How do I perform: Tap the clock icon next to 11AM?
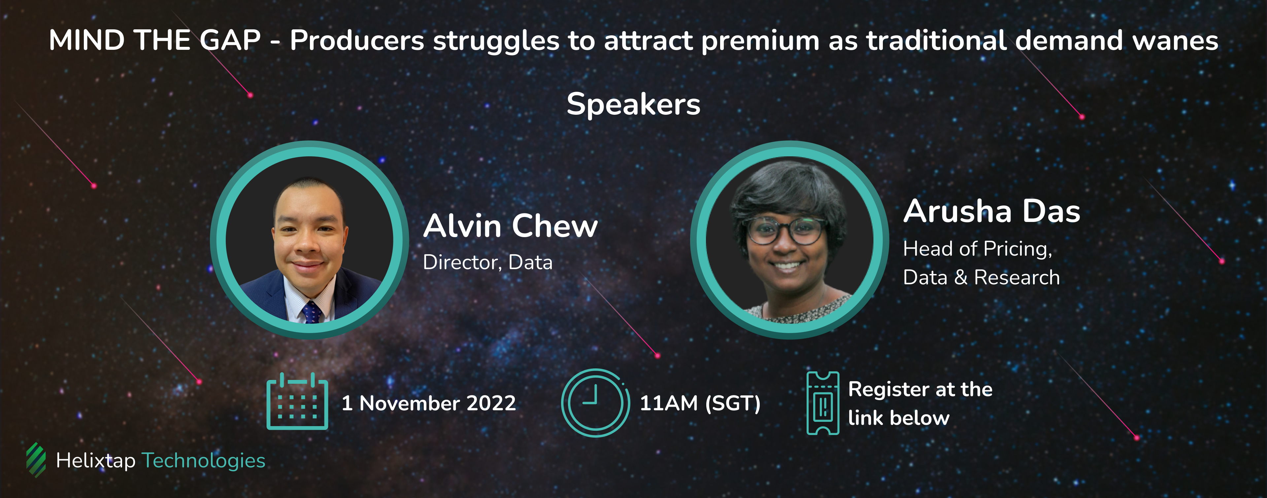coord(595,403)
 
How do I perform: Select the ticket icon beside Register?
coord(823,403)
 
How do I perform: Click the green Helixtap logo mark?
coord(36,460)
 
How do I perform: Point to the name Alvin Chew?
coord(511,226)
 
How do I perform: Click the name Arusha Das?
coord(991,211)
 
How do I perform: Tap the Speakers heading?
coord(634,105)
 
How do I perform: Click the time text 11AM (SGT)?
coord(700,403)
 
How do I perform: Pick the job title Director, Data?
coord(488,263)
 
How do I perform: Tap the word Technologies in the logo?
coord(204,461)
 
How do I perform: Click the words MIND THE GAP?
coord(154,40)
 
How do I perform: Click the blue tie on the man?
coord(312,313)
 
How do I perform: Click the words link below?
coord(899,418)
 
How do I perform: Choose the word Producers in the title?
coord(357,40)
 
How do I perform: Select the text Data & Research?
coord(981,278)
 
